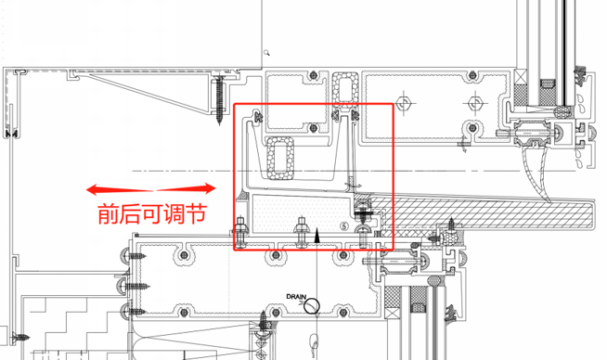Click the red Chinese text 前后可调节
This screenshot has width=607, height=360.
(x=149, y=215)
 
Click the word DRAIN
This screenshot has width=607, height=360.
(x=296, y=298)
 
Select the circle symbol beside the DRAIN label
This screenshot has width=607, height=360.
(x=313, y=305)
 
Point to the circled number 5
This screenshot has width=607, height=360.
(x=345, y=225)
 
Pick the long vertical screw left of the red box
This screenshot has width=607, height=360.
(x=220, y=100)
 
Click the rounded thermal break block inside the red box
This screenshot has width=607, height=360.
(x=280, y=158)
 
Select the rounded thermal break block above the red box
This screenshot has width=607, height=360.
(x=346, y=88)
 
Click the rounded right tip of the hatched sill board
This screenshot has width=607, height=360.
(x=590, y=211)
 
